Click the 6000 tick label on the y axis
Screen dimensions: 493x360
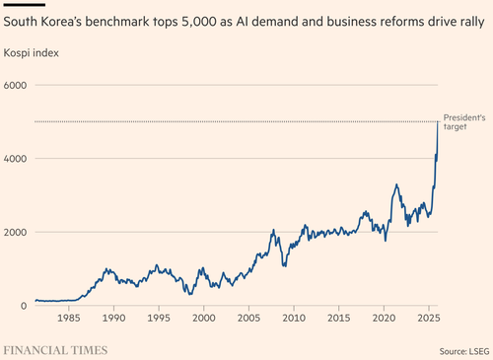[15, 86]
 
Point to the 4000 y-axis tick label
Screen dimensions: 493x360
[15, 159]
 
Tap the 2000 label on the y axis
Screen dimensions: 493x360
[15, 232]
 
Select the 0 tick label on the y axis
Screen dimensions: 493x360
[24, 306]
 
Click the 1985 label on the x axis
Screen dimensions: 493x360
[69, 318]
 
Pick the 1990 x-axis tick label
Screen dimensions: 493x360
[113, 318]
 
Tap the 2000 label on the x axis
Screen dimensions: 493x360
[204, 318]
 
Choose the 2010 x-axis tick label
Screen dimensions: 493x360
[294, 318]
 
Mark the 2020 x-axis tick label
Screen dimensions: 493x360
[384, 318]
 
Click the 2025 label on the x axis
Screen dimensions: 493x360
[429, 318]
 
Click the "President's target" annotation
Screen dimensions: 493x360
[464, 122]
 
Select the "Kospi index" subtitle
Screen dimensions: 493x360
[32, 53]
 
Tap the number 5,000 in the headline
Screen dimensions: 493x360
[199, 22]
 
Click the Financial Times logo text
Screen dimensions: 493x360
[55, 350]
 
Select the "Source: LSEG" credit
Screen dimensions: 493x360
[464, 351]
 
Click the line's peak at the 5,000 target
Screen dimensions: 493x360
[438, 121]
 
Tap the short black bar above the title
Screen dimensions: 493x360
[25, 5]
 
